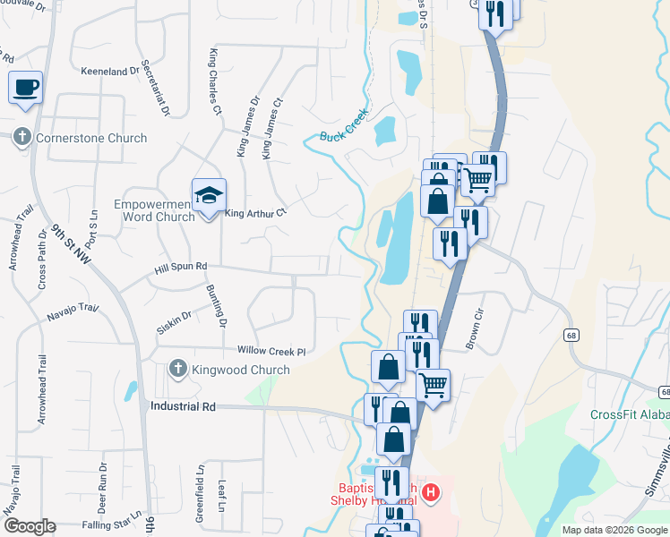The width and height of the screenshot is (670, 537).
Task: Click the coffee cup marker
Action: pos(25,88)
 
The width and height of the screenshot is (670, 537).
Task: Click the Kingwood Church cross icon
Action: pos(178,370)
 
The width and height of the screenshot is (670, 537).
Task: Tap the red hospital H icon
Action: pos(431,492)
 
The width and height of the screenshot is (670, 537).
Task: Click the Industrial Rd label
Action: pos(183,405)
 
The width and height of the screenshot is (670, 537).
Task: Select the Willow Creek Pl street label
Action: pos(271,351)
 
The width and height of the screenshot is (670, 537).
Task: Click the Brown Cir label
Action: pos(473,330)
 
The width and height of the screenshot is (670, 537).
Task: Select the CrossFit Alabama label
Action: pos(629,414)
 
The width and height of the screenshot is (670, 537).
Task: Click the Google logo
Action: pos(29,526)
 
